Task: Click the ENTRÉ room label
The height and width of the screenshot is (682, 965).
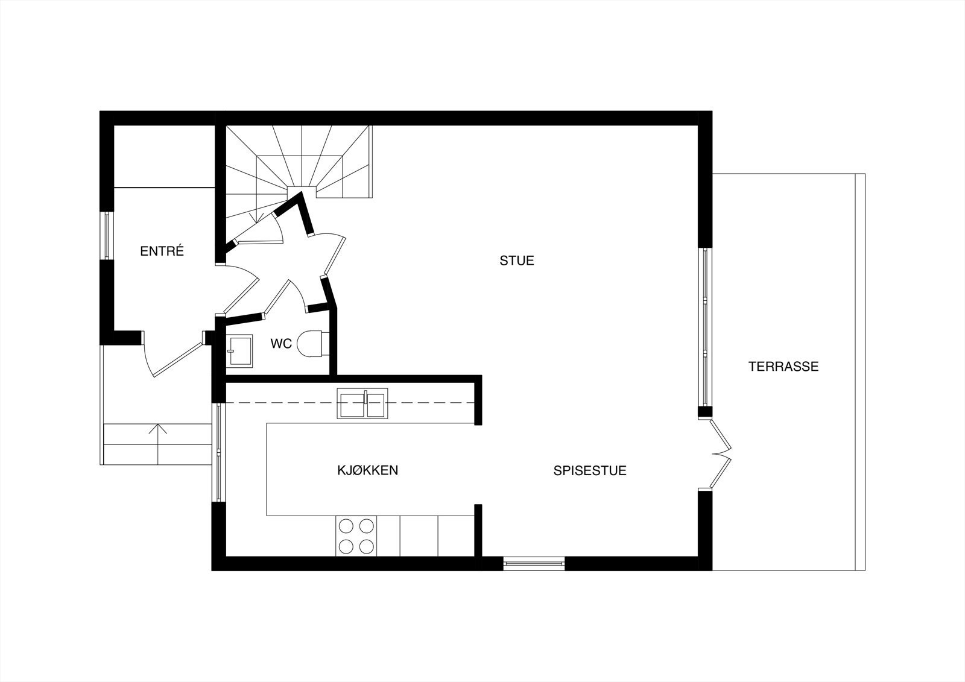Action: (x=162, y=251)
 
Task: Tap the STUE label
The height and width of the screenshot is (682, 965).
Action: (x=517, y=260)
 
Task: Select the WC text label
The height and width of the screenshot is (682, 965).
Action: (x=281, y=344)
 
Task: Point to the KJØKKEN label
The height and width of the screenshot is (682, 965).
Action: (x=367, y=470)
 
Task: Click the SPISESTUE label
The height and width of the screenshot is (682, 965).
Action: (x=590, y=470)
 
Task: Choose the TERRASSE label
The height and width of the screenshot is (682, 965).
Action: (x=783, y=366)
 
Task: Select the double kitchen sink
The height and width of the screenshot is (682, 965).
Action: (x=363, y=403)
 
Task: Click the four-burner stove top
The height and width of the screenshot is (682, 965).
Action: (x=356, y=536)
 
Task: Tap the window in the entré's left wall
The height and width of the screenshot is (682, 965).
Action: (x=107, y=235)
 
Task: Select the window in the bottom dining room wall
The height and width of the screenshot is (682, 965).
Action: (x=534, y=564)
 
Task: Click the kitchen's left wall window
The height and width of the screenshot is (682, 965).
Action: (x=218, y=452)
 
